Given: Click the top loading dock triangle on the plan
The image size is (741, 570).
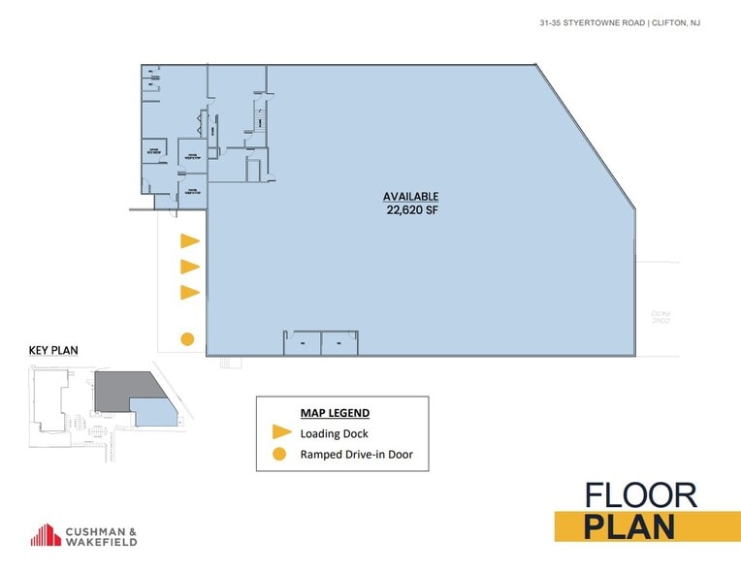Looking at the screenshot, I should pyautogui.click(x=188, y=240).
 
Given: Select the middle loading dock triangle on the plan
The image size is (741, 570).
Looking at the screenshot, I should pyautogui.click(x=188, y=267).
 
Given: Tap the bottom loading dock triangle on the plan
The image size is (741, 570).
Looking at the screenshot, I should pyautogui.click(x=188, y=293).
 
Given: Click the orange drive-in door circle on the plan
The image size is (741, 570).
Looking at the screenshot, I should pyautogui.click(x=187, y=339).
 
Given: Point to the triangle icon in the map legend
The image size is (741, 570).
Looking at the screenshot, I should pyautogui.click(x=281, y=433).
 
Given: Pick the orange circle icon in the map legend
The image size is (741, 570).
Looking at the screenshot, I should pyautogui.click(x=280, y=454).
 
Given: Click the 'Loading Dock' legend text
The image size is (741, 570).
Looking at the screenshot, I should pyautogui.click(x=334, y=433).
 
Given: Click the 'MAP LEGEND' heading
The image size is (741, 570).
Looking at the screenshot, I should pyautogui.click(x=336, y=413).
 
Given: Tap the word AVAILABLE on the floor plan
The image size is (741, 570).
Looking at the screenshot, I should pyautogui.click(x=411, y=196).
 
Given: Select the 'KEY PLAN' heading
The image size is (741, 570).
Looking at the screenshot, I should pyautogui.click(x=53, y=350).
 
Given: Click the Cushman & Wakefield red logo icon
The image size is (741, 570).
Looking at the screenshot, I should pyautogui.click(x=47, y=534).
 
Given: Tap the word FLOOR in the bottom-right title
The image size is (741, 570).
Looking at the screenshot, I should pyautogui.click(x=640, y=494).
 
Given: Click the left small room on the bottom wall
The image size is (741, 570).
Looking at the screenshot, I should pyautogui.click(x=302, y=343).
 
